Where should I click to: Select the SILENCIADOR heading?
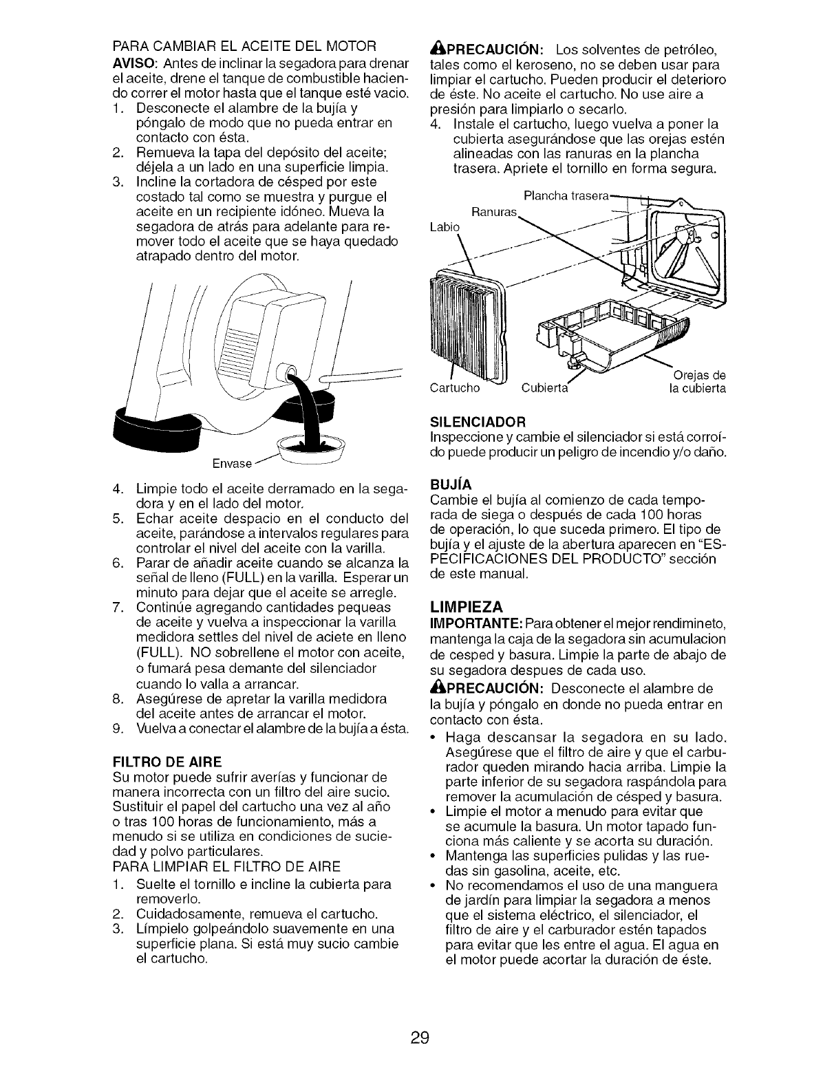click(x=478, y=420)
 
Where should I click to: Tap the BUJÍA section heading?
click(x=450, y=484)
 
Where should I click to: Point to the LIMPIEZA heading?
click(x=467, y=606)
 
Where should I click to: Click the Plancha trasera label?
click(x=566, y=195)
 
